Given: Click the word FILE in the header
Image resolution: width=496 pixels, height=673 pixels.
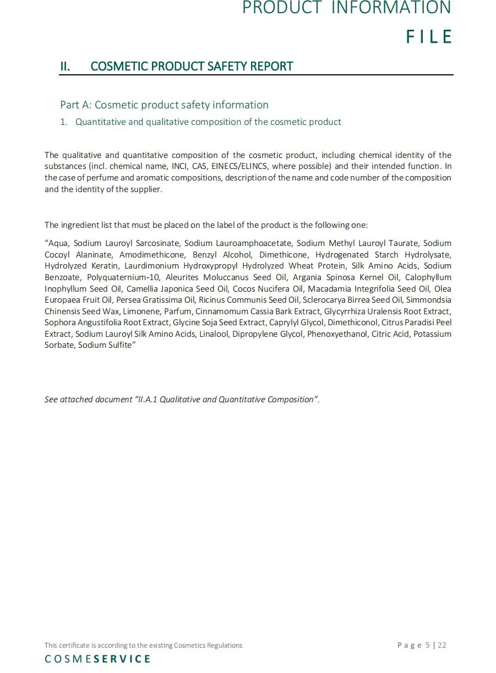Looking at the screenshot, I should tap(429, 37).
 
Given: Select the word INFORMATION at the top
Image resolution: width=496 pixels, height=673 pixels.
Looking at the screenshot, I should tap(391, 8).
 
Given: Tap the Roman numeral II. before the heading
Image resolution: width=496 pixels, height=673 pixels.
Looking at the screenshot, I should tap(65, 67).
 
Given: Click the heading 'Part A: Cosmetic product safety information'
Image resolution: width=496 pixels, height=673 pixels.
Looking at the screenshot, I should tap(164, 105).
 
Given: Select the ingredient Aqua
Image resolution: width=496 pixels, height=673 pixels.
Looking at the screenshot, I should tap(58, 243).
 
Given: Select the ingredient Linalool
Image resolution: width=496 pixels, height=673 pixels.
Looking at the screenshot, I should tap(214, 334).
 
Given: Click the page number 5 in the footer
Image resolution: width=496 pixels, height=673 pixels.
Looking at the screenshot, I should tap(428, 645).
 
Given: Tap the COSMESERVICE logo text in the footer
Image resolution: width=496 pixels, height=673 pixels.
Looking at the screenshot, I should tap(97, 659).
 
